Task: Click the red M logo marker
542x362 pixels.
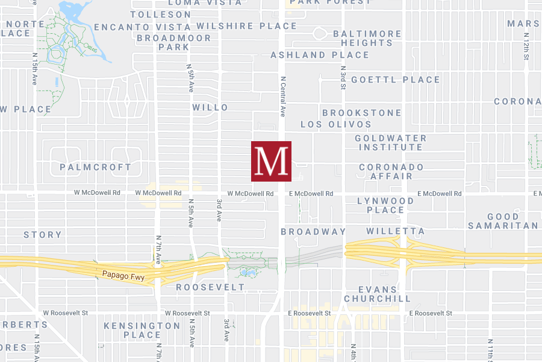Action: coord(271,161)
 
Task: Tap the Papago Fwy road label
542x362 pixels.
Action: coord(117,275)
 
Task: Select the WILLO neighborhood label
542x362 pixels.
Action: coord(210,107)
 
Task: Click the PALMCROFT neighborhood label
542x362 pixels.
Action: coord(96,167)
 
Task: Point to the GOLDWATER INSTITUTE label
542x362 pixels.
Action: coord(390,142)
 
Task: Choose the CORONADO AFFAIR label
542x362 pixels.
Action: coord(391,171)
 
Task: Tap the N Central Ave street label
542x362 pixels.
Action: coord(282,97)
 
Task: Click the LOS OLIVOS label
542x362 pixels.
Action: coord(336,124)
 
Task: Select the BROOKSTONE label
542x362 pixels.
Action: coord(361,113)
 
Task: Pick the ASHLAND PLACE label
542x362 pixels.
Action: coord(320,55)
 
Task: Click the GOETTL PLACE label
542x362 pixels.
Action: coord(396,80)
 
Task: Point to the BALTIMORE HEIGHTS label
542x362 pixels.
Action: coord(367,38)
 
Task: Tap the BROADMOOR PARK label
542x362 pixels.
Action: coord(174,42)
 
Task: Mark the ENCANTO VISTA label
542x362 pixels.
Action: coord(143,27)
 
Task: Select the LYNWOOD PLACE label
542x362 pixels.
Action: coord(385,205)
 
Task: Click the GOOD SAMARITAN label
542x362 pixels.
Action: coord(503,221)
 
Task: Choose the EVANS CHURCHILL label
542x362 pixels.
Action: coord(378,294)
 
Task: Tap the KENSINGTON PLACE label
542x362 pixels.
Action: coord(142,330)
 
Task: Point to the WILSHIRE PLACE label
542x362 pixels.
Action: coord(247,26)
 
